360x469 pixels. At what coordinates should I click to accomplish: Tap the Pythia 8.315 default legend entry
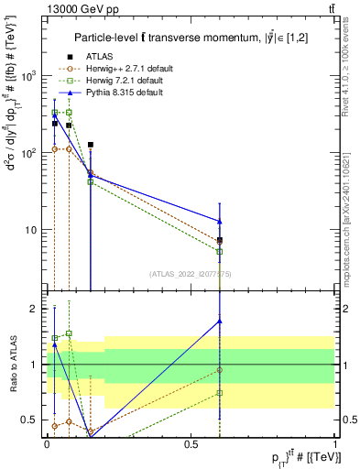click(x=116, y=93)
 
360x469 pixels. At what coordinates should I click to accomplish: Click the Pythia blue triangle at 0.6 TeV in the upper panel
click(x=220, y=221)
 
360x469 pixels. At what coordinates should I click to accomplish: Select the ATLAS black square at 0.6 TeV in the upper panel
click(x=220, y=240)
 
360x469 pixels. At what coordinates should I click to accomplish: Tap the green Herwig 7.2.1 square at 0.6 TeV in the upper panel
click(x=220, y=251)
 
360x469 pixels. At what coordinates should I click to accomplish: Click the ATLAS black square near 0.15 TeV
click(x=91, y=145)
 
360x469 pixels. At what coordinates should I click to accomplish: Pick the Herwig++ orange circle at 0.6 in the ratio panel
click(x=220, y=370)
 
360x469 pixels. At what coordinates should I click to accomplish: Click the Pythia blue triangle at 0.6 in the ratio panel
click(x=220, y=321)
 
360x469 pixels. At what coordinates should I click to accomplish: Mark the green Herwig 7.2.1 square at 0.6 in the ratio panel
click(x=220, y=393)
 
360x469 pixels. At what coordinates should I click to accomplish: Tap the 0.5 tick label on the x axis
click(x=191, y=442)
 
